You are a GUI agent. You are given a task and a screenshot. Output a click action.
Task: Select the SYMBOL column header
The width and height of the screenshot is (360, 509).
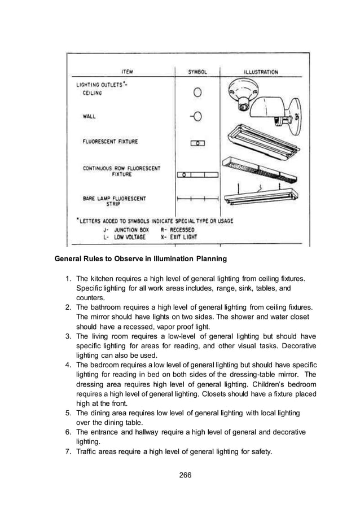(x=197, y=72)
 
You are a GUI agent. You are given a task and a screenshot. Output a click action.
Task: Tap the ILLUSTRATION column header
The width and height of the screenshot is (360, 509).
(x=260, y=72)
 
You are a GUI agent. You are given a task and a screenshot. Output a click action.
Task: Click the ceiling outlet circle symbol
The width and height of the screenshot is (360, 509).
(x=198, y=91)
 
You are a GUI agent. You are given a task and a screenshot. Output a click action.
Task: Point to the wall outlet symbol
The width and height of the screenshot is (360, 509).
(x=196, y=117)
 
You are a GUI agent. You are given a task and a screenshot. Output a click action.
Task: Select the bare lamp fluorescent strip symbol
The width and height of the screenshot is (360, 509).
(x=197, y=199)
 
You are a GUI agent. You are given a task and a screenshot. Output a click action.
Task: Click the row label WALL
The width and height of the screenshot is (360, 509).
(x=89, y=117)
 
